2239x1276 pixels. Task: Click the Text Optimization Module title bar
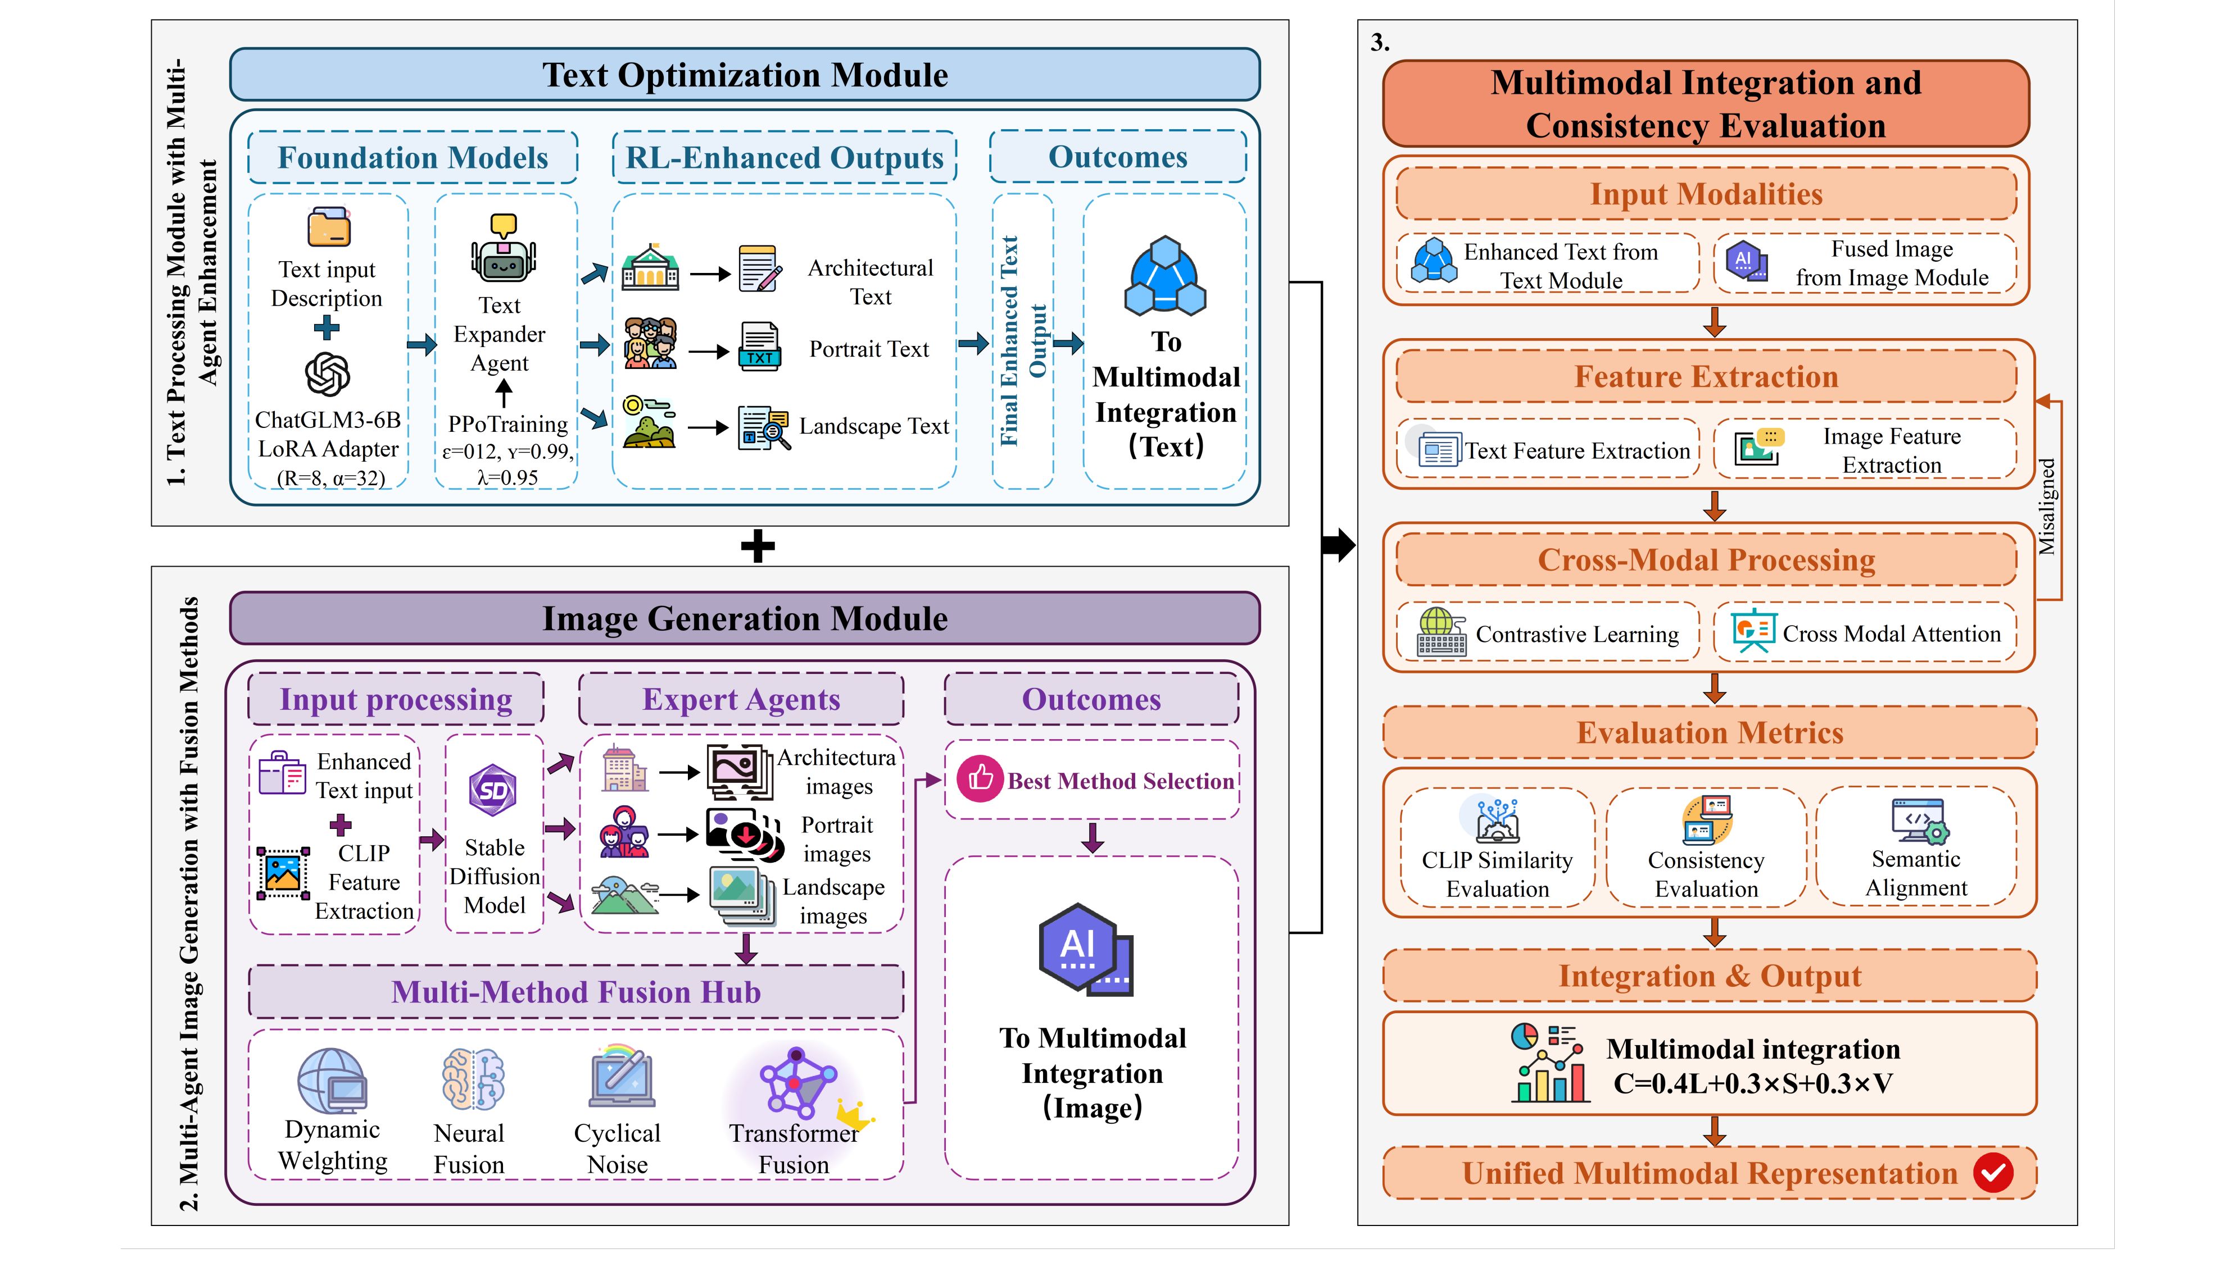click(x=744, y=75)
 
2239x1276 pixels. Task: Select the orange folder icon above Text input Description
click(x=329, y=228)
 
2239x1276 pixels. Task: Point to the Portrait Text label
click(x=869, y=350)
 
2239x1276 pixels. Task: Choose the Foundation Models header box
click(x=413, y=158)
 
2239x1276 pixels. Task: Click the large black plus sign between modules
click(x=758, y=547)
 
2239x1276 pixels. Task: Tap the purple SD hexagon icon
click(x=493, y=791)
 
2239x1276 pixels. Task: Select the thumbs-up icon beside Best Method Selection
click(x=979, y=778)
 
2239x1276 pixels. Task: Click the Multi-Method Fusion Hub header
click(x=576, y=992)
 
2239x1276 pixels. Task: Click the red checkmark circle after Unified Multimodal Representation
click(x=1993, y=1173)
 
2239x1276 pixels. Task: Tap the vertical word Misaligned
click(x=2046, y=507)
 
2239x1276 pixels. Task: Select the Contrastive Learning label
click(x=1576, y=635)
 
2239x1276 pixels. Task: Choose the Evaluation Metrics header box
click(x=1710, y=733)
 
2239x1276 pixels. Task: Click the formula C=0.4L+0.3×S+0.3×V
click(x=1752, y=1084)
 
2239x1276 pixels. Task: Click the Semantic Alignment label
click(x=1915, y=874)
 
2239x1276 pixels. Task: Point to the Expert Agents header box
click(x=741, y=699)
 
